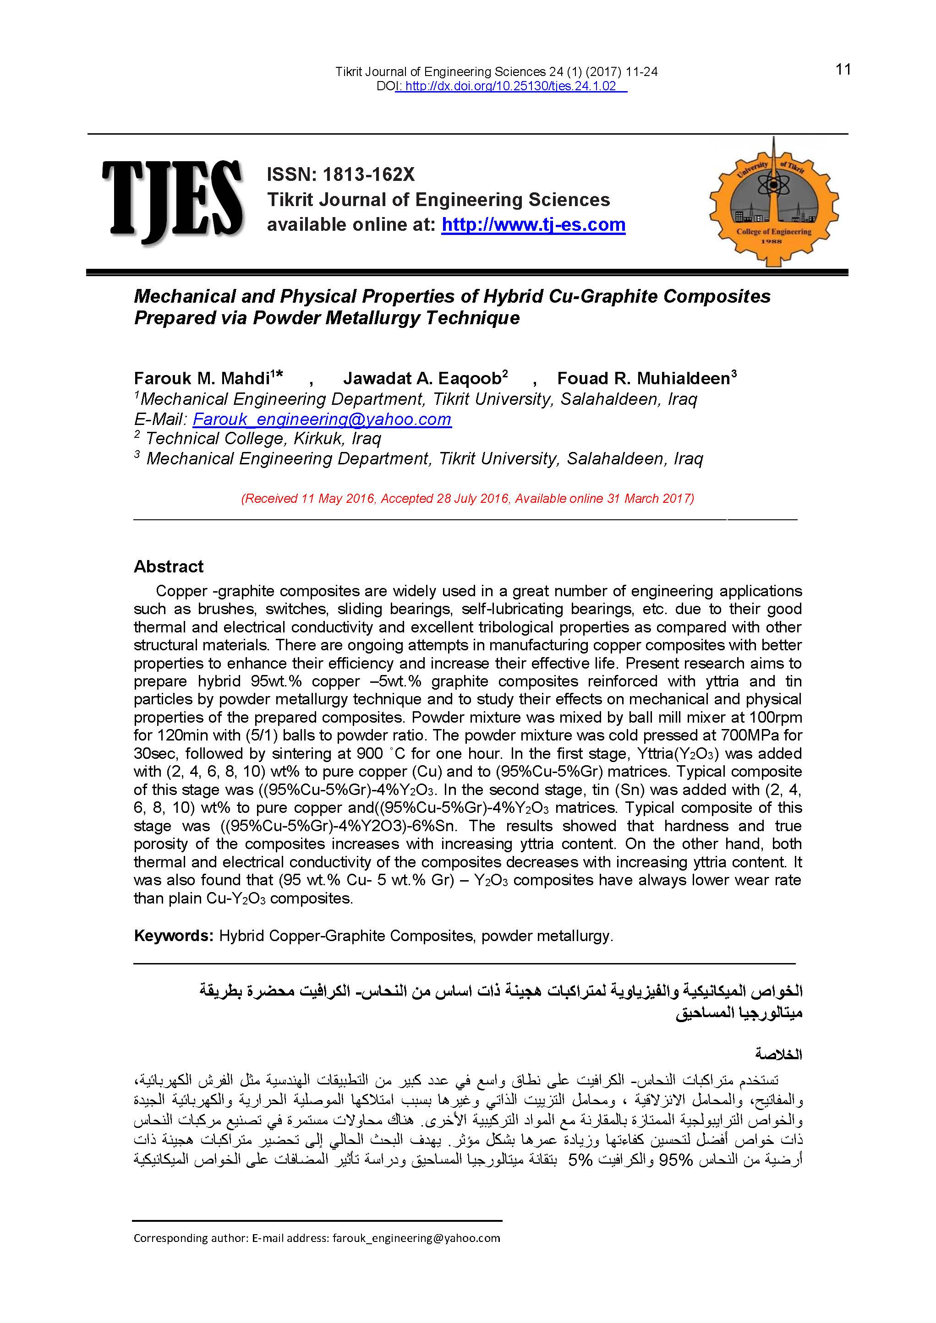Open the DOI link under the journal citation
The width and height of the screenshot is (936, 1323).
pyautogui.click(x=511, y=87)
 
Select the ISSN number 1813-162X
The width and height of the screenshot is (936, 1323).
pyautogui.click(x=368, y=174)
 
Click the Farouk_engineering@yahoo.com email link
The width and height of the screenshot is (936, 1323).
pyautogui.click(x=322, y=419)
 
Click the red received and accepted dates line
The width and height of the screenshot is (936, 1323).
pyautogui.click(x=467, y=498)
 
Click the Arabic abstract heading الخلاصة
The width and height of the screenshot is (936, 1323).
pyautogui.click(x=779, y=1055)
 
